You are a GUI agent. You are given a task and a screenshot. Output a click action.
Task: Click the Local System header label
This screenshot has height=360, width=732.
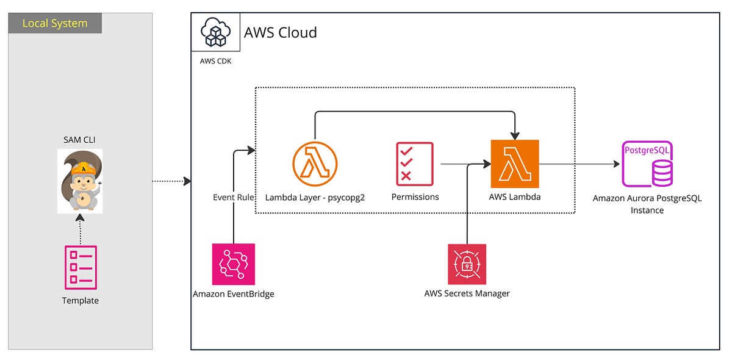(55, 24)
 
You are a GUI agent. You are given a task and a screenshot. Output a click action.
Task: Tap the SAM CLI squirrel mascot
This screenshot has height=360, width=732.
(80, 181)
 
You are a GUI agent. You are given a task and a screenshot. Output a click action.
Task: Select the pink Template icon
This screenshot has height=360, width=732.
(80, 267)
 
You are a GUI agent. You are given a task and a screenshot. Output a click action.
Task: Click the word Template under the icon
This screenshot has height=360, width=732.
(80, 300)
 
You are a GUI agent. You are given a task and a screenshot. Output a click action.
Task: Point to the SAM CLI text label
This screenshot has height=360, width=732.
(80, 140)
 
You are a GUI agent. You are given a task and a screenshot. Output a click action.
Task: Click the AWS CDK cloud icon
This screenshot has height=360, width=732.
(215, 32)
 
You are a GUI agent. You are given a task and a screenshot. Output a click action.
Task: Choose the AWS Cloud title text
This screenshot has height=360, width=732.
(281, 32)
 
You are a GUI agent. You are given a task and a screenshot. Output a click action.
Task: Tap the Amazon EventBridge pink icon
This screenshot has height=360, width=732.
(233, 264)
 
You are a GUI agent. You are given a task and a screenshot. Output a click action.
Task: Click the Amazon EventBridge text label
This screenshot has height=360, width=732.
(233, 294)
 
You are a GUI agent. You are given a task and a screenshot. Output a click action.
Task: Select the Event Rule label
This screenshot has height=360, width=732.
(233, 197)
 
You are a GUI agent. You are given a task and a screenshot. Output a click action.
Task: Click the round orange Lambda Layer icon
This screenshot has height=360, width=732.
(315, 164)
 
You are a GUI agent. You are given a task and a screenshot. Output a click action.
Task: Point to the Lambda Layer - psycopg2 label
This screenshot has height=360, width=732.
(315, 198)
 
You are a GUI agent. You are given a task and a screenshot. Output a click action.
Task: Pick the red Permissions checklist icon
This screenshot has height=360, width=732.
(415, 163)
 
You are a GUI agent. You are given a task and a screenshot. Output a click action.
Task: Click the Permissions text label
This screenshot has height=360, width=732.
(415, 197)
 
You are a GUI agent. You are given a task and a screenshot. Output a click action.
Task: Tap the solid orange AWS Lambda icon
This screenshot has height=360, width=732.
(515, 164)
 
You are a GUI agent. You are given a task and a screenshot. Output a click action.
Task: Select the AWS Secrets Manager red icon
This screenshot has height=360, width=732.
(467, 264)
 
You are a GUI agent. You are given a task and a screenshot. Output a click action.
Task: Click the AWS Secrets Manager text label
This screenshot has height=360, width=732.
(467, 293)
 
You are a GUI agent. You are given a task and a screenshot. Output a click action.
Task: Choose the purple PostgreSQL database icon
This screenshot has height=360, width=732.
(647, 164)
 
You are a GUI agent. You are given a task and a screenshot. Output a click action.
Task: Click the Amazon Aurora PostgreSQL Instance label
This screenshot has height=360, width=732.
(647, 204)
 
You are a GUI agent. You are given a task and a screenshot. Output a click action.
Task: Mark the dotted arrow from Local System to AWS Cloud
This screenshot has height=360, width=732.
(171, 181)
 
